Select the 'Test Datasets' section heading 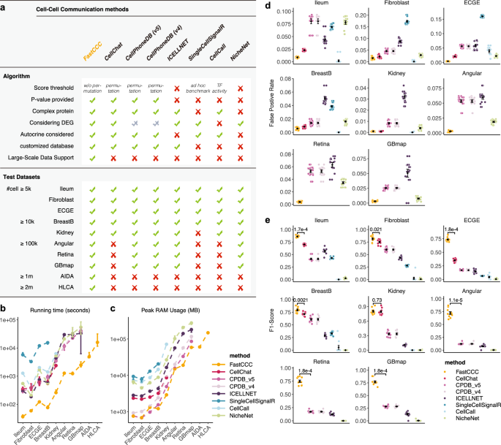pyautogui.click(x=24, y=176)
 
